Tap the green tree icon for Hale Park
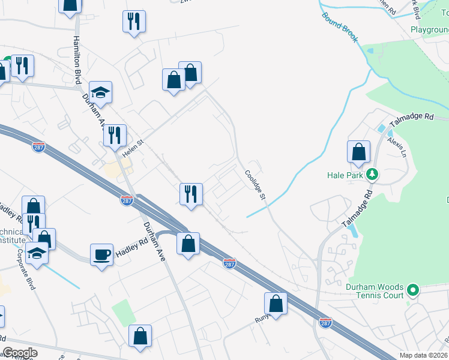coord(373,175)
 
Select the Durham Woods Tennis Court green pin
coord(412,290)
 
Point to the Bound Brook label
coord(340,27)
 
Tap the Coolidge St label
coord(255,184)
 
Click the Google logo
coord(19,353)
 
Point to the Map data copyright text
coord(424,355)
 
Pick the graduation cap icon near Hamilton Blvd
coord(101,92)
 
